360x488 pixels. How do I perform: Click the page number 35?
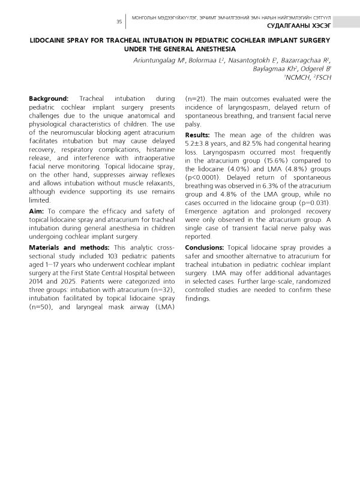point(119,22)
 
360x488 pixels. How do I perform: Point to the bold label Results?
point(199,135)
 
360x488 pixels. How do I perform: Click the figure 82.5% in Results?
point(256,143)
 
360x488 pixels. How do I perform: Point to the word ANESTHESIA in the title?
point(219,49)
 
